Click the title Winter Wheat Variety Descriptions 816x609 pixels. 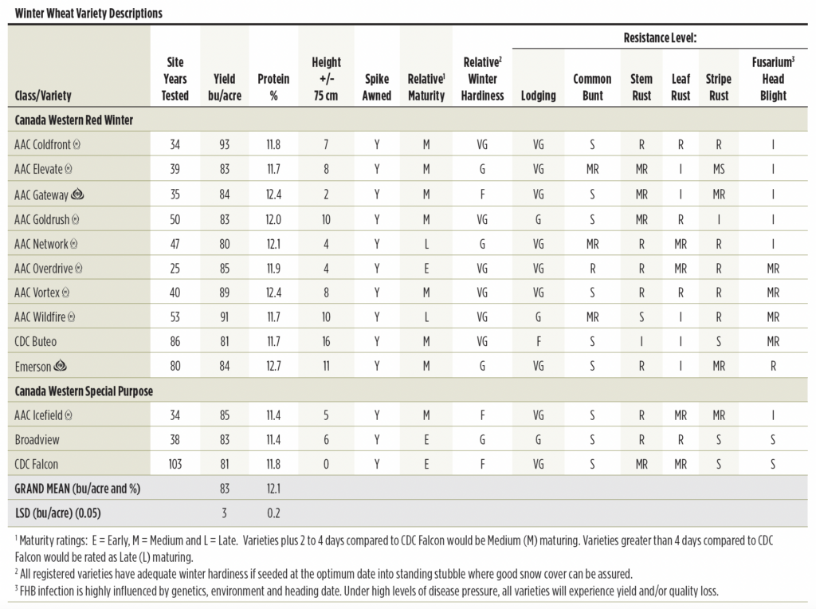coord(88,13)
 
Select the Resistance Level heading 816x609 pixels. coord(660,37)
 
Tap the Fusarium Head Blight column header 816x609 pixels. coord(773,79)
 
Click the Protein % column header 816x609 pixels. coord(273,87)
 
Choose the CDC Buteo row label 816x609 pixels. coord(35,341)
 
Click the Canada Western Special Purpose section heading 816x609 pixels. coord(84,391)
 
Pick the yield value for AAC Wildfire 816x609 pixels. coord(224,317)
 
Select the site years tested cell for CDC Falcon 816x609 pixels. coord(175,464)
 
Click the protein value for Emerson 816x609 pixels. coord(274,366)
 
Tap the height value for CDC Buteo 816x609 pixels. coord(326,341)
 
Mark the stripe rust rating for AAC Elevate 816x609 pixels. coord(719,169)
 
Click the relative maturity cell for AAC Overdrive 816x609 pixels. coord(426,269)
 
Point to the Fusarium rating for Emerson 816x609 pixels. coord(773,366)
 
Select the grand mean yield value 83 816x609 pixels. coord(224,489)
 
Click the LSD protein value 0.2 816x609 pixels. coord(274,513)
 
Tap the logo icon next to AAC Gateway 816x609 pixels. coord(77,194)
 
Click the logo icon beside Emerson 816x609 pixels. coord(61,365)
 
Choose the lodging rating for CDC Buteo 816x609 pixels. coord(538,341)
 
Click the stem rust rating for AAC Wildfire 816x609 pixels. coord(641,317)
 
